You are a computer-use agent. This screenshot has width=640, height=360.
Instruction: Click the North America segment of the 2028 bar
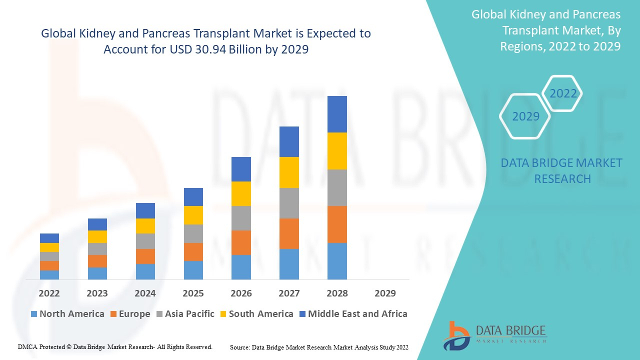[337, 261]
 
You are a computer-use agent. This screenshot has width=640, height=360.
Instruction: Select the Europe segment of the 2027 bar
[289, 233]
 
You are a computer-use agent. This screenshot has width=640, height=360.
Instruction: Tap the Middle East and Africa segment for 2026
[241, 169]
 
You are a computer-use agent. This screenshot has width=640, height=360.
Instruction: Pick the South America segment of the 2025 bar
[193, 215]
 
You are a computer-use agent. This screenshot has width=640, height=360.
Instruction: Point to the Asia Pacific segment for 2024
[145, 241]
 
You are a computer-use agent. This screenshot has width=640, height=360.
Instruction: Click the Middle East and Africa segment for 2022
[49, 238]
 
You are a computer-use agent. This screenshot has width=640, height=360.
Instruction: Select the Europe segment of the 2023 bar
[97, 261]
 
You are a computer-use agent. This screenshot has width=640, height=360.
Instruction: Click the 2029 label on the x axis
[385, 293]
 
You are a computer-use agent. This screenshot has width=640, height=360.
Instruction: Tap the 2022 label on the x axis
[49, 293]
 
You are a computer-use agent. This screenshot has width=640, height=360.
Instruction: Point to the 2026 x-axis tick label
[241, 293]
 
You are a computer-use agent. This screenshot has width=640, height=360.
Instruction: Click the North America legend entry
[67, 314]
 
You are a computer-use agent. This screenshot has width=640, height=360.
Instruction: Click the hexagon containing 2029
[525, 116]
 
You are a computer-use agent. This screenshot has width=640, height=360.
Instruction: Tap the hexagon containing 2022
[563, 93]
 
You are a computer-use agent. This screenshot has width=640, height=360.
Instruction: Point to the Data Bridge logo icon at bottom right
[456, 335]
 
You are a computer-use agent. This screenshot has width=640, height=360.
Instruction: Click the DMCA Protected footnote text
[115, 346]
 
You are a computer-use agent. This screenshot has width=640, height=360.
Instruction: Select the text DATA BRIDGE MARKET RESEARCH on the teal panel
[561, 170]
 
